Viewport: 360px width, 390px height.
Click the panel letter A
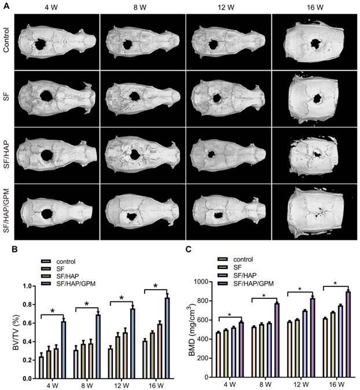[x=5, y=5]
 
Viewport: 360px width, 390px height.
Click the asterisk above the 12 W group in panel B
[x=122, y=298]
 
